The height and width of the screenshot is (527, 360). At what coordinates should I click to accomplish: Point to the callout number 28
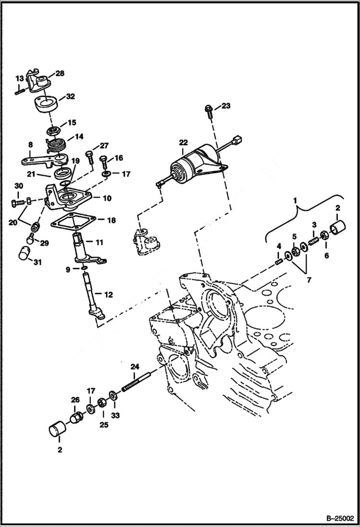(60, 74)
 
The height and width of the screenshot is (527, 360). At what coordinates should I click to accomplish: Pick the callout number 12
(109, 295)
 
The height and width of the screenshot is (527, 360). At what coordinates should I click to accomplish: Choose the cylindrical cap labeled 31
(25, 253)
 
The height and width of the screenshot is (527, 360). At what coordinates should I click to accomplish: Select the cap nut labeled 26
(76, 416)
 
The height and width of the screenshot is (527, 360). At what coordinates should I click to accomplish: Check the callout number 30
(18, 186)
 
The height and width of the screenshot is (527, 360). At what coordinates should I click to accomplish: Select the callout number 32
(70, 97)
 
